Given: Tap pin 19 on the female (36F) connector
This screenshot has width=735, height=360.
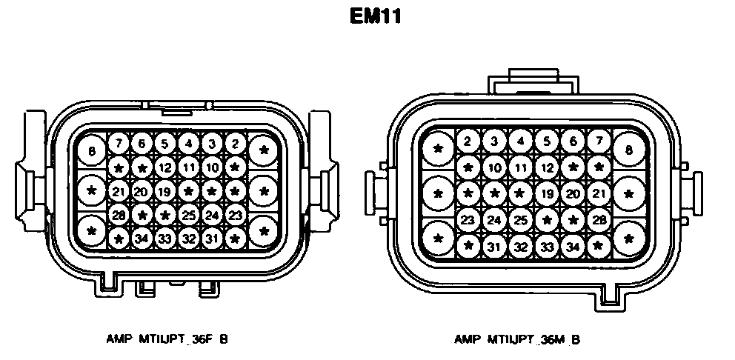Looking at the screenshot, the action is point(164,191).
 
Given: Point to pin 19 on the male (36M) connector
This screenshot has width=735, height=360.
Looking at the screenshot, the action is point(547,194).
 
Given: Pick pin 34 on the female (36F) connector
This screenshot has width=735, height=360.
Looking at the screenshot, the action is point(141,239).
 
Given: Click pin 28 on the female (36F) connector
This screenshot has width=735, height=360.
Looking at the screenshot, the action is point(118,215).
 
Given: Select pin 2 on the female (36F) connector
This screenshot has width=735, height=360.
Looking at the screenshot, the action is point(236,144).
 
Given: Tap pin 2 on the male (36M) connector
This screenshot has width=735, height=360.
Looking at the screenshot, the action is point(468,141).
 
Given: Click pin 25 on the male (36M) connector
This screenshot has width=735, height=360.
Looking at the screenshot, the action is point(521,220).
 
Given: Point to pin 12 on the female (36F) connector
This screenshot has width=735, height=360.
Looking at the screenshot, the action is point(164,167).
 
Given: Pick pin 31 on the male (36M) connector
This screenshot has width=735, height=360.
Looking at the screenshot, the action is point(494,246).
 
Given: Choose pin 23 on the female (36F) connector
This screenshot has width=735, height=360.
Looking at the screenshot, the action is point(236,215).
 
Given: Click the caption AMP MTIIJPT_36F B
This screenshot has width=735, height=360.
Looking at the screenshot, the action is point(167,339).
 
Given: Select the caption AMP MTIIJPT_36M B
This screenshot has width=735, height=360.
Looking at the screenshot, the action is point(517,339).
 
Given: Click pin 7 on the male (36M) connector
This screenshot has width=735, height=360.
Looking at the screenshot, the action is point(598,141).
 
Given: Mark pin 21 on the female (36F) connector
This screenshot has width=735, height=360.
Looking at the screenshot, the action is point(118,191).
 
